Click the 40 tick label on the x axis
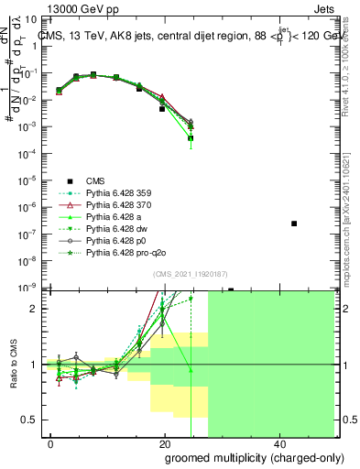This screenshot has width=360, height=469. click(279, 443)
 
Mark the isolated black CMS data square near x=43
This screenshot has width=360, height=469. click(294, 224)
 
